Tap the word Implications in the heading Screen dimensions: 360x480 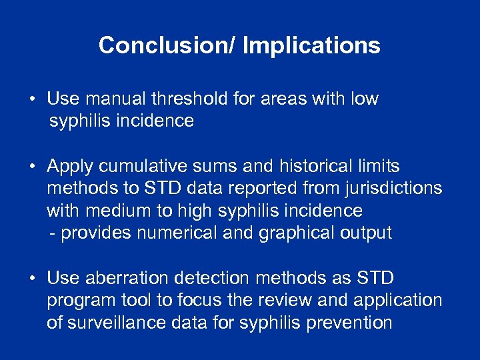(311, 45)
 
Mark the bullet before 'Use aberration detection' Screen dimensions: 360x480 (33, 278)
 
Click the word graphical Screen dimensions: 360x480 (291, 233)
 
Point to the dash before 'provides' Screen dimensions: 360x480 (53, 233)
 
